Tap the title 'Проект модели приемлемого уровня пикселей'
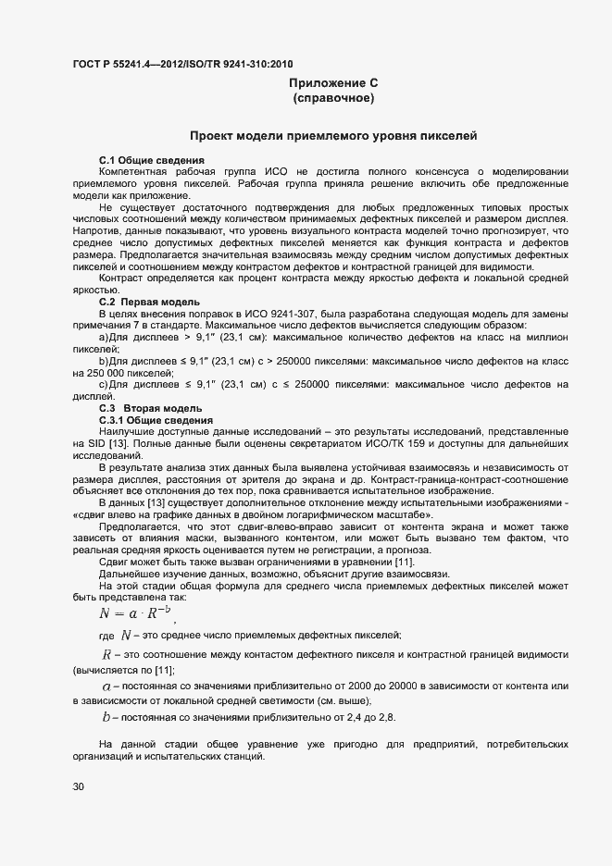tap(333, 136)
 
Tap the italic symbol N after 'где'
tap(126, 635)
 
